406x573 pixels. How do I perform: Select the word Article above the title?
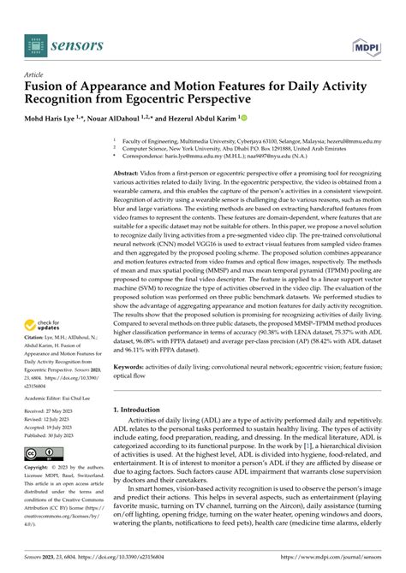pos(38,74)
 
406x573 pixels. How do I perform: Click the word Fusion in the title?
pos(50,86)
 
